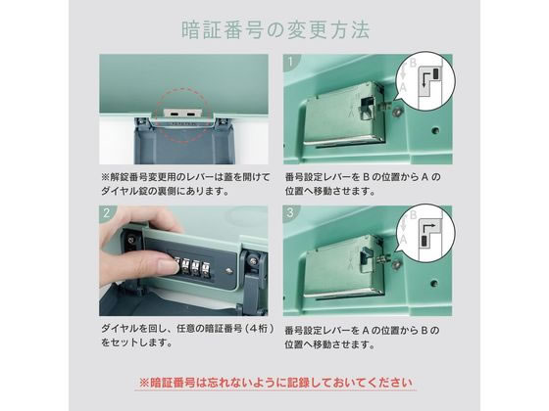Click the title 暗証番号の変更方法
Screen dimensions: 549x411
click(x=275, y=30)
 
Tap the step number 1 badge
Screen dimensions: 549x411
click(x=290, y=62)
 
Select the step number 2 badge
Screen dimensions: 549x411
click(x=107, y=213)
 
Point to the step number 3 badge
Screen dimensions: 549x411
click(x=290, y=212)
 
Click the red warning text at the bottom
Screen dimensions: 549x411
click(x=275, y=383)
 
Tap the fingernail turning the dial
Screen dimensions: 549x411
click(x=168, y=266)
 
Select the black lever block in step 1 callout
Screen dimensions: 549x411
click(x=436, y=73)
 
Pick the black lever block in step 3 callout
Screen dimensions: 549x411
click(x=424, y=241)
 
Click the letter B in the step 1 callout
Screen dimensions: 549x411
click(x=413, y=64)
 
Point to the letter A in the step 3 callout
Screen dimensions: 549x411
click(x=403, y=239)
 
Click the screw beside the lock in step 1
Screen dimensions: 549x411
click(x=398, y=112)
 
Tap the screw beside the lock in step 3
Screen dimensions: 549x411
click(x=396, y=264)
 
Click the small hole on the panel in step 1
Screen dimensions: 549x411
click(x=435, y=131)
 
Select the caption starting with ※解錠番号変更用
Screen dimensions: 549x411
click(x=185, y=184)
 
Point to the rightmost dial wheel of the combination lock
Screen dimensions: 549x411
click(x=205, y=268)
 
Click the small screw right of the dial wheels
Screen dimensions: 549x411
click(x=228, y=271)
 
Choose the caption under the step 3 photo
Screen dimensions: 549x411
click(x=362, y=338)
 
